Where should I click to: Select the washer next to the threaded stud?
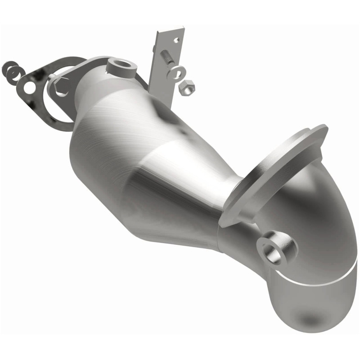[176, 72]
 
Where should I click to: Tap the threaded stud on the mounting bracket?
[166, 58]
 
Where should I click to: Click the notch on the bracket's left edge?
[157, 49]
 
